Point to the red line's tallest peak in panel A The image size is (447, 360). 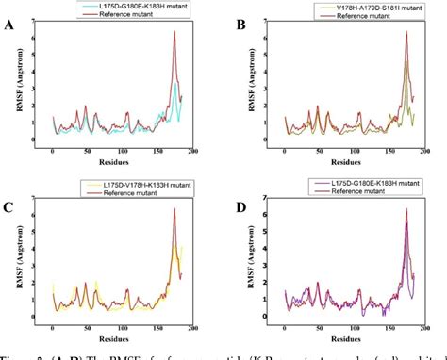pyautogui.click(x=174, y=32)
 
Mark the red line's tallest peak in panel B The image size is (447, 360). pyautogui.click(x=406, y=32)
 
